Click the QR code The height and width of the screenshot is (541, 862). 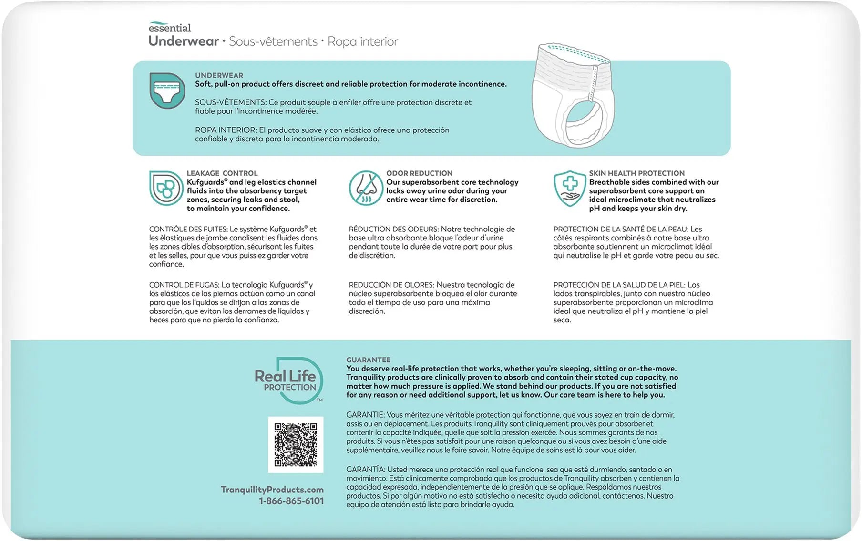(296, 444)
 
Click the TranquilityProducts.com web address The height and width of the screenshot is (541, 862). (272, 490)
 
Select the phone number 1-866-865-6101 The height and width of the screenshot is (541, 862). (291, 501)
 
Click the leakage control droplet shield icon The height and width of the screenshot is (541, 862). (165, 188)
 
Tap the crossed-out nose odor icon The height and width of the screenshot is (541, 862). (366, 188)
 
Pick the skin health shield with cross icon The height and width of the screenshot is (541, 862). (570, 188)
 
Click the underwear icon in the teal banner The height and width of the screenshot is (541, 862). (167, 90)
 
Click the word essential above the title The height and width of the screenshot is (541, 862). (170, 28)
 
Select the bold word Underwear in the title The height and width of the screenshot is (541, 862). (184, 41)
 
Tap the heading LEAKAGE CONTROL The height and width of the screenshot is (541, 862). (222, 173)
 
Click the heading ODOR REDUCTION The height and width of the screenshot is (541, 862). (419, 173)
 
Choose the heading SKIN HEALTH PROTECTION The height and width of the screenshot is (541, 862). (636, 173)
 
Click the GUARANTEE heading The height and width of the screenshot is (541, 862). (368, 360)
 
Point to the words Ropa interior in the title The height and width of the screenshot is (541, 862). (362, 42)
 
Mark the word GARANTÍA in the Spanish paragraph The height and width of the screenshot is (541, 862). (365, 470)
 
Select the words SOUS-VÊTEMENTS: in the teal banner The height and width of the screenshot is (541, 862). (230, 102)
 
